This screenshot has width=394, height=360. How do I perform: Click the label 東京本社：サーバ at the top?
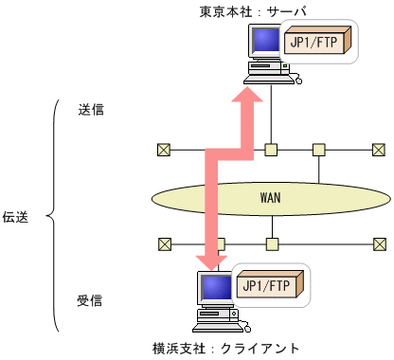[x=252, y=12]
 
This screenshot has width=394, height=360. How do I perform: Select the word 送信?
[x=91, y=109]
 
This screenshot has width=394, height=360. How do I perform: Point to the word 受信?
[x=91, y=301]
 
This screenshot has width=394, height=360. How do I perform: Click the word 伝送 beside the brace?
[x=16, y=217]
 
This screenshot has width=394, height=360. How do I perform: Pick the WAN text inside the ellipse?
[x=272, y=198]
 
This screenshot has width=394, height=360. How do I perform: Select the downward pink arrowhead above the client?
[x=211, y=258]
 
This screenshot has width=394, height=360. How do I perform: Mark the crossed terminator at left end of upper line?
[x=164, y=149]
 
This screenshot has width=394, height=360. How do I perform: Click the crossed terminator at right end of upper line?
[x=378, y=149]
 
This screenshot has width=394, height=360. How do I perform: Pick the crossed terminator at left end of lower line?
[x=164, y=243]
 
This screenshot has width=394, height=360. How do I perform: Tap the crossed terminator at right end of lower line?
[x=378, y=243]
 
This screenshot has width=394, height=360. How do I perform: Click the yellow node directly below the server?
[x=271, y=149]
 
